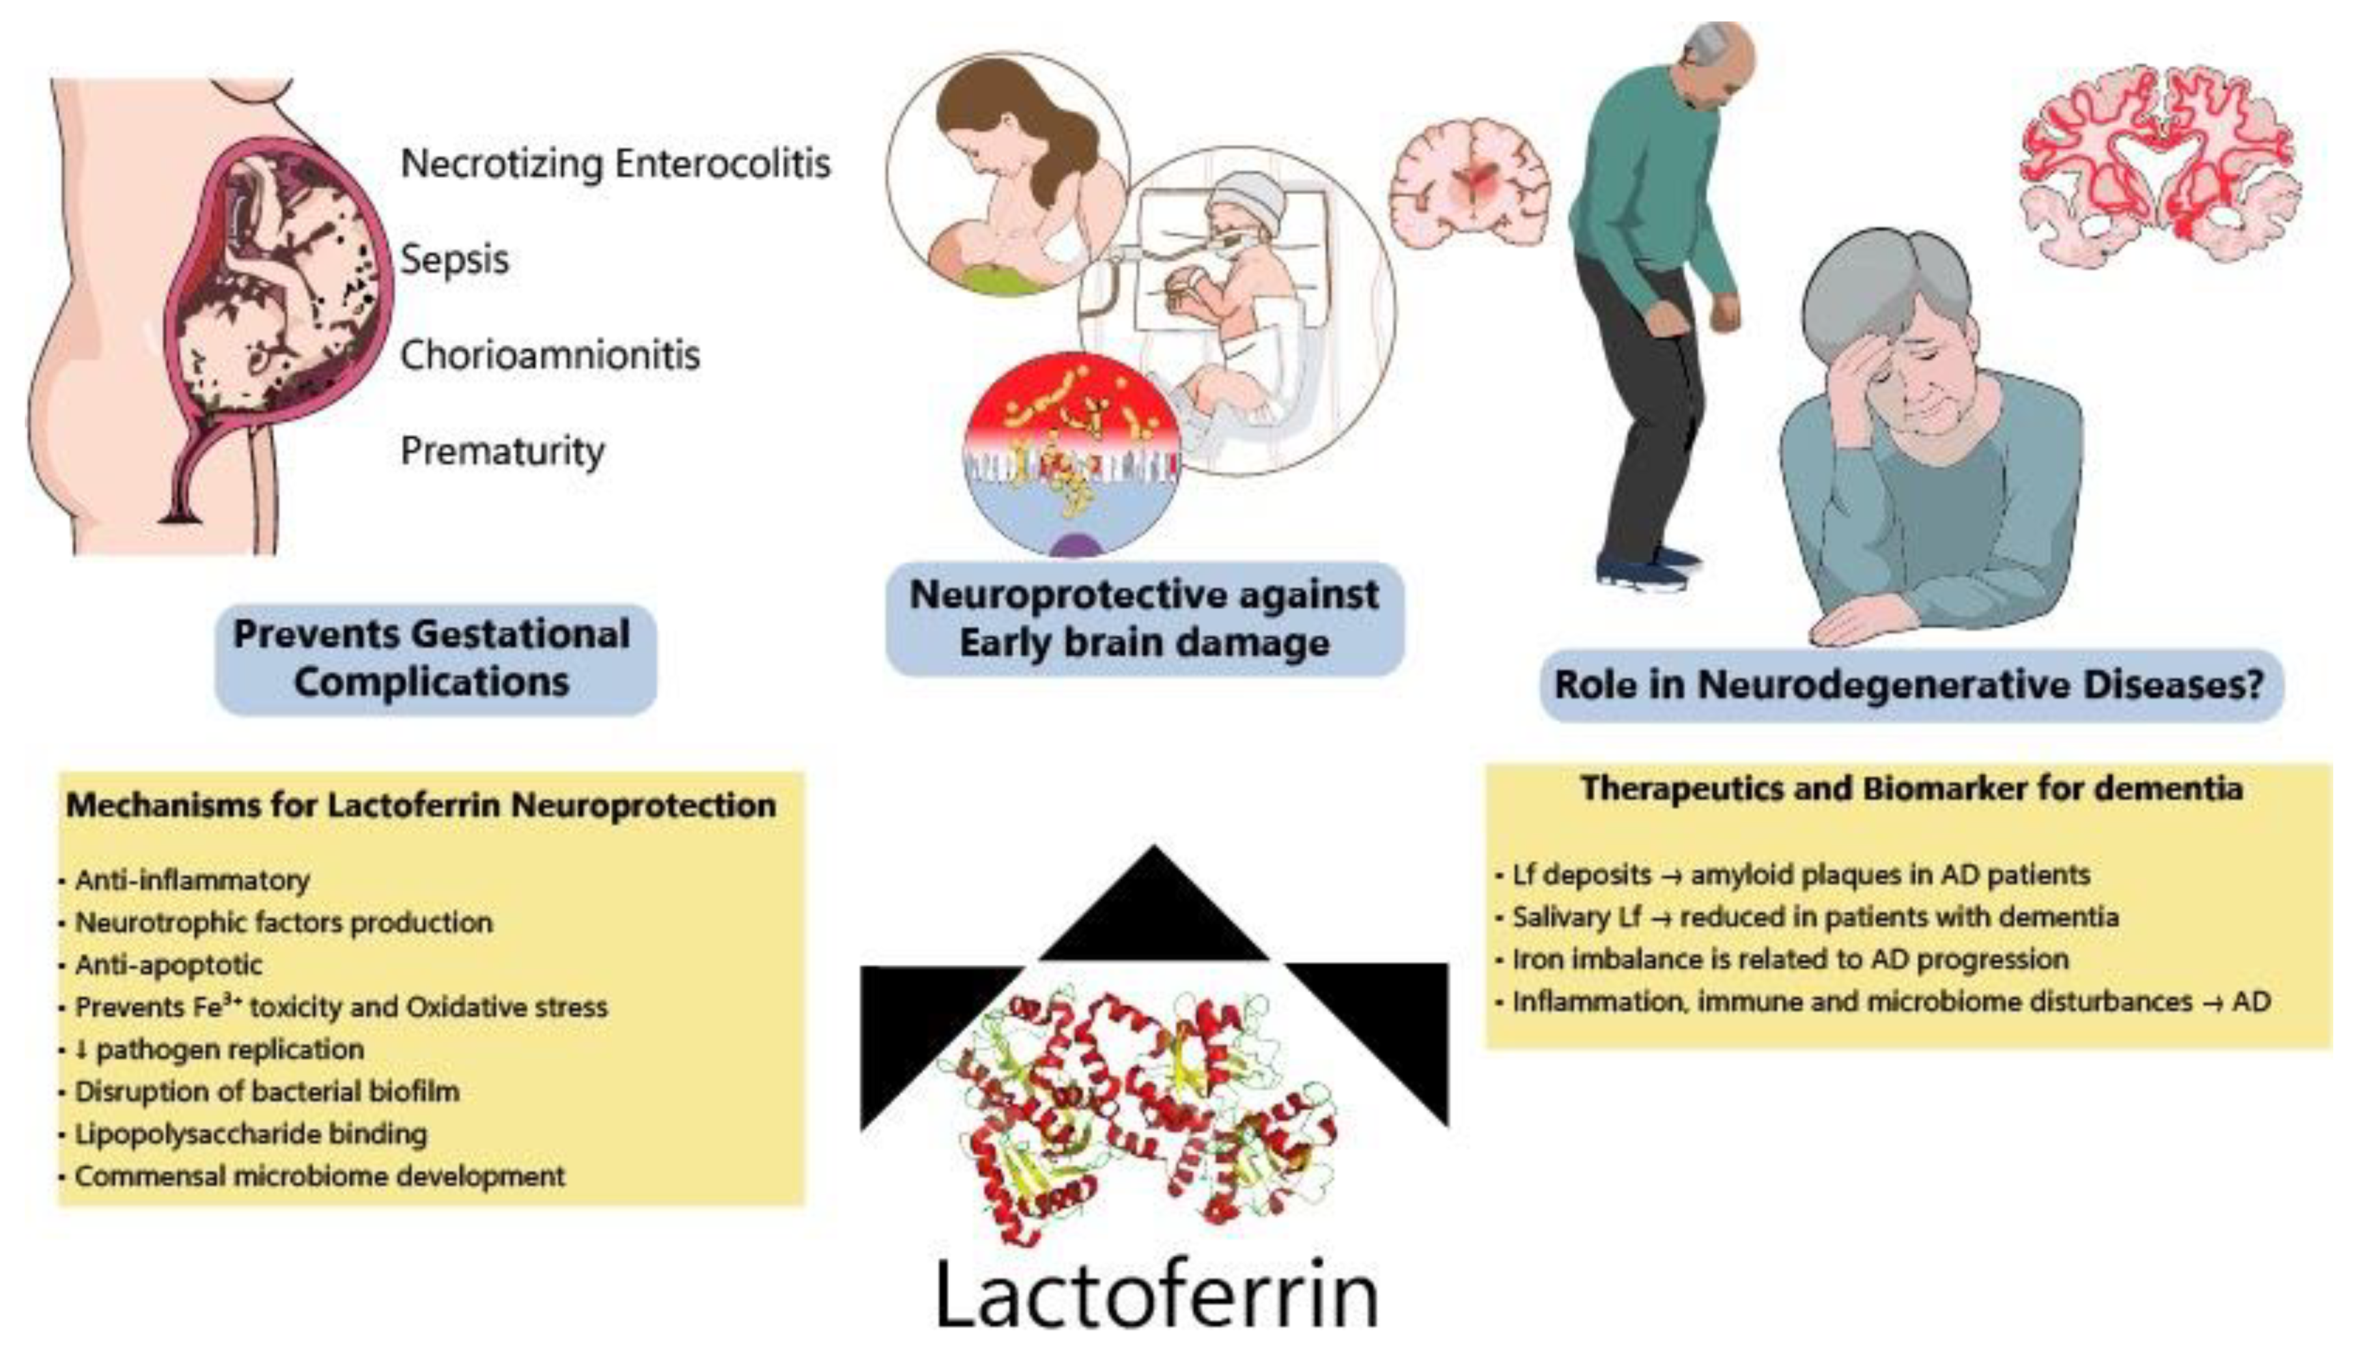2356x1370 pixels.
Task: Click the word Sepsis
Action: (x=455, y=259)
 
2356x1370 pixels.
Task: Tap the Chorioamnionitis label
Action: (x=550, y=354)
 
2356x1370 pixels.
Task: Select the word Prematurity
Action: (x=502, y=451)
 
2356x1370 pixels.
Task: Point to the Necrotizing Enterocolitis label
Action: (x=615, y=164)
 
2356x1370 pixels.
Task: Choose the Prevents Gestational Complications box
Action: (x=436, y=659)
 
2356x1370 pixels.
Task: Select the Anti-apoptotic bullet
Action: (x=168, y=964)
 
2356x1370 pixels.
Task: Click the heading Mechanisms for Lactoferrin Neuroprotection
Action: (x=421, y=805)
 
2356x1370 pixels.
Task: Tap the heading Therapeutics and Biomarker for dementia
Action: (x=1911, y=788)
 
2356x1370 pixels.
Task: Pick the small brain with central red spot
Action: (x=1470, y=181)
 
